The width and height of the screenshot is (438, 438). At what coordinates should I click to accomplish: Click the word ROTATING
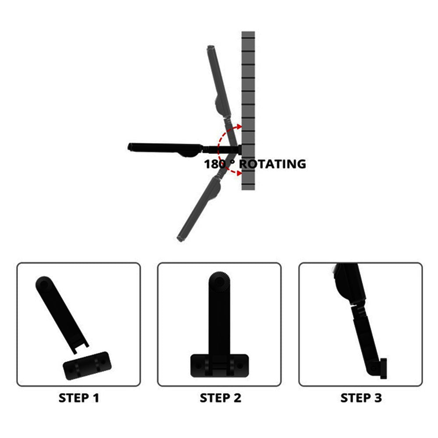pyautogui.click(x=272, y=164)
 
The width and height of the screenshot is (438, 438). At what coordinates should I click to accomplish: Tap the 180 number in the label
pyautogui.click(x=215, y=164)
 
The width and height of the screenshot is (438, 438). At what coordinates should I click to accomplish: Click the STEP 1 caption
pyautogui.click(x=79, y=398)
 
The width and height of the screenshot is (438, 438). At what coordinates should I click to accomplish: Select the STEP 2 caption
pyautogui.click(x=220, y=398)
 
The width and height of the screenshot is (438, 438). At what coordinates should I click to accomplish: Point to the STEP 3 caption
pyautogui.click(x=361, y=398)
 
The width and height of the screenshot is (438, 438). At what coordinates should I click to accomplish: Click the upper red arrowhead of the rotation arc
pyautogui.click(x=239, y=127)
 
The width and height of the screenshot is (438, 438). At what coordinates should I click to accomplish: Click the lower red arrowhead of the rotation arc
pyautogui.click(x=239, y=173)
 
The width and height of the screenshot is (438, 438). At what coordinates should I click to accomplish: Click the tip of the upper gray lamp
pyautogui.click(x=211, y=47)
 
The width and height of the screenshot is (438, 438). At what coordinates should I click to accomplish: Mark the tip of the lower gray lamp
pyautogui.click(x=180, y=239)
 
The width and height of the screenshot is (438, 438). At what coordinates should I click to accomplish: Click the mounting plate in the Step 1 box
pyautogui.click(x=87, y=366)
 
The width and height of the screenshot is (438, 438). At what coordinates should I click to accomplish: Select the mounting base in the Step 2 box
pyautogui.click(x=219, y=365)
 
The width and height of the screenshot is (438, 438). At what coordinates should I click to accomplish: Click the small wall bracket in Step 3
pyautogui.click(x=384, y=368)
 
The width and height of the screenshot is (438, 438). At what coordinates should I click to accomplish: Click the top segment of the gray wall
pyautogui.click(x=248, y=35)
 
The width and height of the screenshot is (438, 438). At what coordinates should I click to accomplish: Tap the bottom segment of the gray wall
pyautogui.click(x=248, y=187)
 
